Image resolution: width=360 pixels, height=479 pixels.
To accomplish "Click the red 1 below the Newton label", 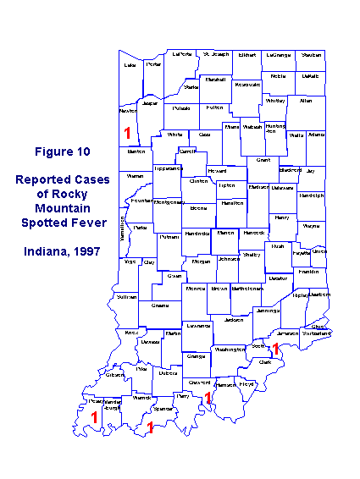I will pos(127,133).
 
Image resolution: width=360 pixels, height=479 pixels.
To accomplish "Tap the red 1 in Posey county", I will pos(95,416).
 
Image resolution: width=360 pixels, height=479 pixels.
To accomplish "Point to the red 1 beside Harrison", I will pos(208,398).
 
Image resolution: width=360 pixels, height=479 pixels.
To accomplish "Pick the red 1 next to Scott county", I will pos(274,349).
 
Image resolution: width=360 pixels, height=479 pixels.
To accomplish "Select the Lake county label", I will pos(130,64).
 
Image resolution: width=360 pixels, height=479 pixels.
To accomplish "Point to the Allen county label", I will pos(306,101).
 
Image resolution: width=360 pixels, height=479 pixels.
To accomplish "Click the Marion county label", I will pos(226,232).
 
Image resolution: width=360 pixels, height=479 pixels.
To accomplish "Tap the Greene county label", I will pos(159,306).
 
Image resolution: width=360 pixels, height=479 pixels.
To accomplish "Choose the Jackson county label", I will pos(235,320).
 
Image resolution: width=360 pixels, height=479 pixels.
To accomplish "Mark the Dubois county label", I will pos(168,372).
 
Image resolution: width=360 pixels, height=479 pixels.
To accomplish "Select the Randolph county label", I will pos(311,195).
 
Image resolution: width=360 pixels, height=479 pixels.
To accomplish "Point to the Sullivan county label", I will pos(126,298).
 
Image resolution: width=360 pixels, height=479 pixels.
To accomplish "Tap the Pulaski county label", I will pos(181,108).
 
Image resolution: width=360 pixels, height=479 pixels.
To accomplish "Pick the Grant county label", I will pos(263,159).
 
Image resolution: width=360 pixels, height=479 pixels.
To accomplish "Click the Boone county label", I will pos(198,207).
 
